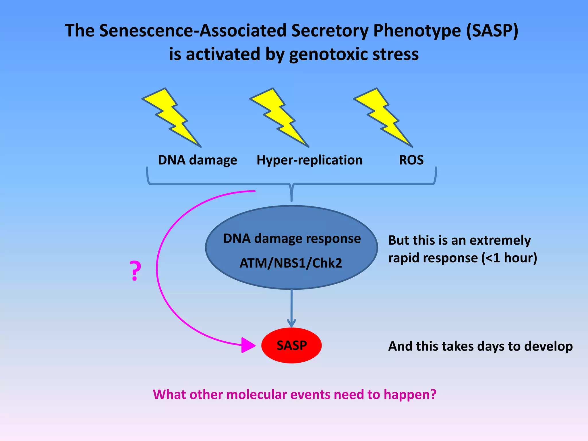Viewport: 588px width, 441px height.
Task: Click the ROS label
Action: tap(411, 160)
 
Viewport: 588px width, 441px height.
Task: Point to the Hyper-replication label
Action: tap(310, 160)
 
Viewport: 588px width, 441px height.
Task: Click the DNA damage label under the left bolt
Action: tap(198, 160)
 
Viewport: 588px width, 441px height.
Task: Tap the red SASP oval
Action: tap(291, 345)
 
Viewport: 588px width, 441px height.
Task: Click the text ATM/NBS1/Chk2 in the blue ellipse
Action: tap(291, 263)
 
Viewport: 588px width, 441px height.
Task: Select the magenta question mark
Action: tap(135, 271)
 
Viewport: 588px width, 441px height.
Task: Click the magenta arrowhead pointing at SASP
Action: tap(247, 345)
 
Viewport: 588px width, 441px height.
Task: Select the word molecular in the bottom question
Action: tap(257, 394)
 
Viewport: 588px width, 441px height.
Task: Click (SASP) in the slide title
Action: tap(492, 30)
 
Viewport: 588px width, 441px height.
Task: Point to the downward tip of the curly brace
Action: tap(291, 200)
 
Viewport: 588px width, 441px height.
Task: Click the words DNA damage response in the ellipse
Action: tap(292, 239)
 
